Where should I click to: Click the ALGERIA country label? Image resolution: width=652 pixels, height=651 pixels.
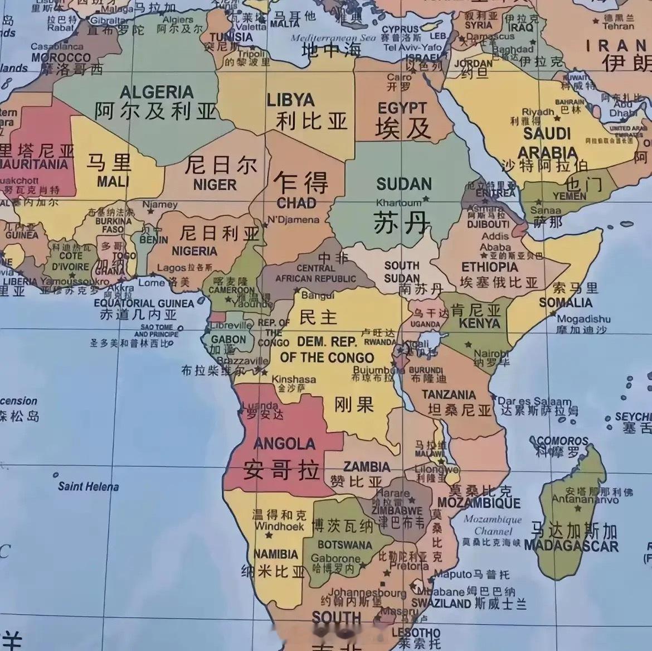[x=157, y=92]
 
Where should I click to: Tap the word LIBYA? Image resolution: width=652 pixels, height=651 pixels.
[x=290, y=100]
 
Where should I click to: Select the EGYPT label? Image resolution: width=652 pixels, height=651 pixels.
[x=402, y=108]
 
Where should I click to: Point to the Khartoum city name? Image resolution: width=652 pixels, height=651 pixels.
[x=398, y=202]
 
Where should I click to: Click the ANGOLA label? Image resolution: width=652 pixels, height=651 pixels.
[x=284, y=444]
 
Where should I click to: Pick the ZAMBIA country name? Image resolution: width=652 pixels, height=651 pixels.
[x=366, y=466]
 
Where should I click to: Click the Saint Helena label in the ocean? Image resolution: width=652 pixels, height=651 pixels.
[x=88, y=486]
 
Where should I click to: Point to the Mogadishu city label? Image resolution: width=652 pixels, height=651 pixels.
[x=583, y=319]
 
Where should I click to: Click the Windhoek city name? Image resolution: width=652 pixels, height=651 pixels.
[x=279, y=526]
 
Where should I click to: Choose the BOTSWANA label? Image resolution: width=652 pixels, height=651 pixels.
[x=344, y=544]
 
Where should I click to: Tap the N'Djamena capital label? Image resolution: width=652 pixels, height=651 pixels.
[x=293, y=219]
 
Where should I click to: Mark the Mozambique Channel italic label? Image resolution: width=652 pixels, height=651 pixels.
[x=493, y=525]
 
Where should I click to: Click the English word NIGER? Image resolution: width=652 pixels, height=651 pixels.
[x=215, y=185]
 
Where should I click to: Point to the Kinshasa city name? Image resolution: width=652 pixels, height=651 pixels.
[x=294, y=379]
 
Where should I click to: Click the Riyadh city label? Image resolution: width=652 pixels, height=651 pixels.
[x=538, y=112]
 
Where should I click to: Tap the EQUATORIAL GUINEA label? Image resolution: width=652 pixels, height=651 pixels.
[x=144, y=303]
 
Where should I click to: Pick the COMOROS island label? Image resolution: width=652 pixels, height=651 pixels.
[x=562, y=441]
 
